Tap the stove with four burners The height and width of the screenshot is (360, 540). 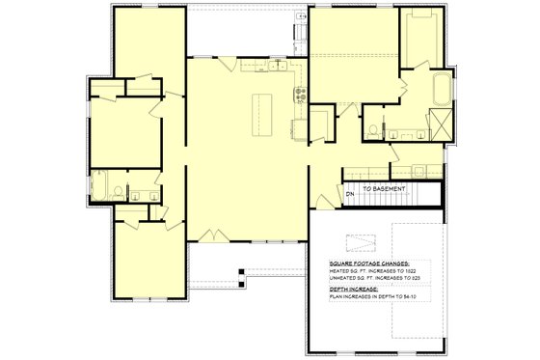click(300, 94)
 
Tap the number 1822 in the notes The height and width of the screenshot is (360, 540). click(408, 271)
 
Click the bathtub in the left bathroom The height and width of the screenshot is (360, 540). click(99, 184)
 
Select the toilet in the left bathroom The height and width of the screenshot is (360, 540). click(118, 189)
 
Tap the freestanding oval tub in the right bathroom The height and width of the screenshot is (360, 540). click(443, 91)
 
